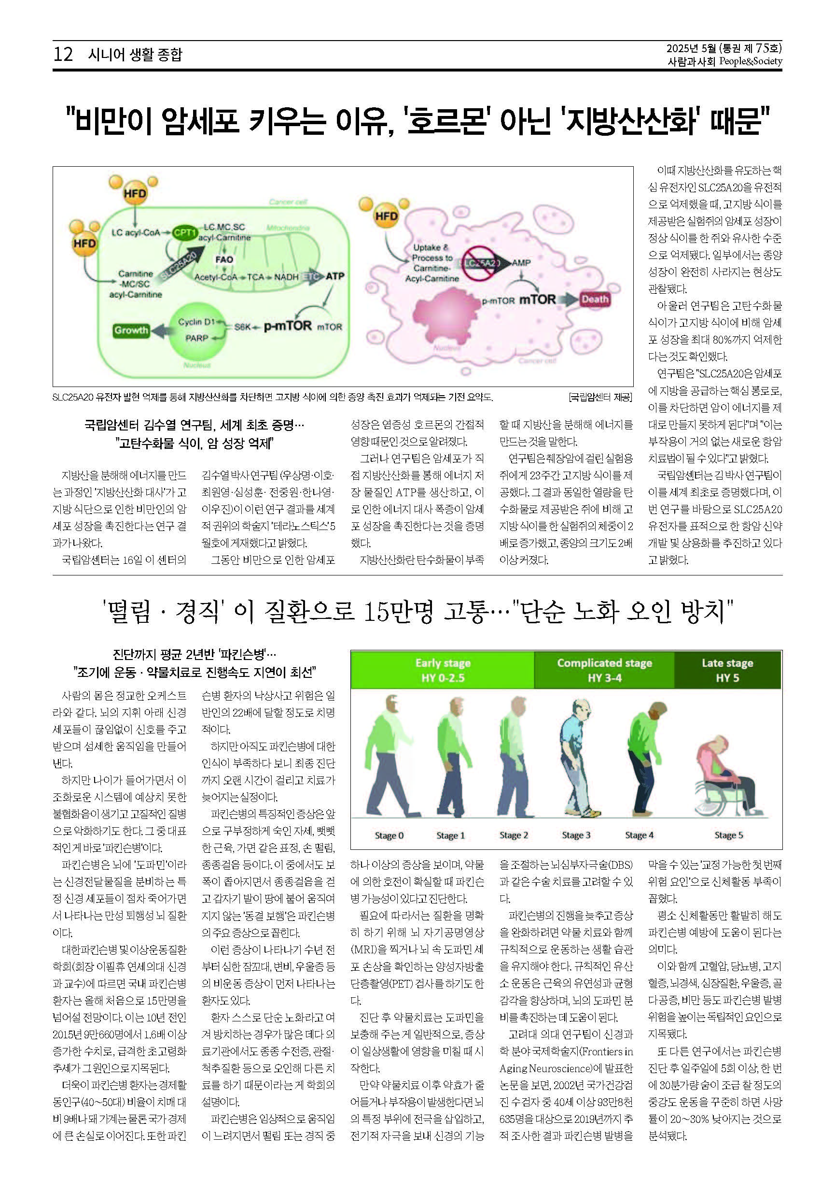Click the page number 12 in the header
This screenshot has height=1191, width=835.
click(63, 54)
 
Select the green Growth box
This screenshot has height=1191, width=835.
click(131, 330)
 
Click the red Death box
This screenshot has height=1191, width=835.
click(595, 299)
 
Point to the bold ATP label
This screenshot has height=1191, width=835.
click(335, 276)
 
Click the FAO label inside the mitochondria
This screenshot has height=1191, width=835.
click(224, 259)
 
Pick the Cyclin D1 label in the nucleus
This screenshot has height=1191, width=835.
click(196, 322)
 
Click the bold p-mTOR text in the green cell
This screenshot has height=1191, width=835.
click(288, 326)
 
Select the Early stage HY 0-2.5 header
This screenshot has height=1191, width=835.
click(443, 670)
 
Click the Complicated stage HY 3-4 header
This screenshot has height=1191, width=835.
click(604, 670)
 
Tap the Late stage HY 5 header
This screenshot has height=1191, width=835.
click(727, 670)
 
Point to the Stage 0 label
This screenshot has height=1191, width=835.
click(389, 835)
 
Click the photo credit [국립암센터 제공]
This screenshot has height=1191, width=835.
click(600, 397)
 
